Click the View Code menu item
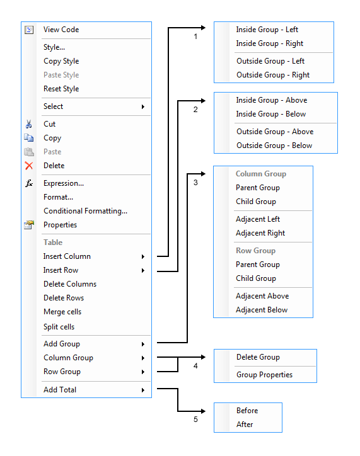click(61, 30)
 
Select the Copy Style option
click(61, 61)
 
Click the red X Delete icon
click(28, 166)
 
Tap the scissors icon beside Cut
click(28, 124)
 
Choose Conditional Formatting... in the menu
click(85, 211)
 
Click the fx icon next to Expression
click(28, 183)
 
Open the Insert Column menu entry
click(67, 256)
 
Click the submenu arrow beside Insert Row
click(143, 270)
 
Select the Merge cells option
click(62, 312)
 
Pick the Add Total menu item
click(60, 390)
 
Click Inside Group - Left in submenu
click(267, 30)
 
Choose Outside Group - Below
click(274, 145)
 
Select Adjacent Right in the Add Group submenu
click(260, 233)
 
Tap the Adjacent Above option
click(262, 296)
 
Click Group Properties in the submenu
click(264, 375)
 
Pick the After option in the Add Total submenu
click(245, 425)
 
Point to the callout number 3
click(195, 183)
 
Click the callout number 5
click(195, 419)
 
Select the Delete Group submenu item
click(258, 357)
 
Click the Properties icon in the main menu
click(28, 225)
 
